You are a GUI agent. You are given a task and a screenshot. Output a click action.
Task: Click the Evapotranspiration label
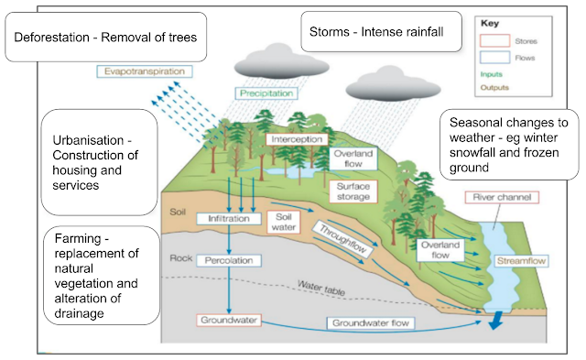click(x=143, y=71)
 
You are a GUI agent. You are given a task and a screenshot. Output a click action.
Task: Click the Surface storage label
click(x=346, y=191)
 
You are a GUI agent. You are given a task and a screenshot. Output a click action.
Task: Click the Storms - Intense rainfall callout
click(x=374, y=33)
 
